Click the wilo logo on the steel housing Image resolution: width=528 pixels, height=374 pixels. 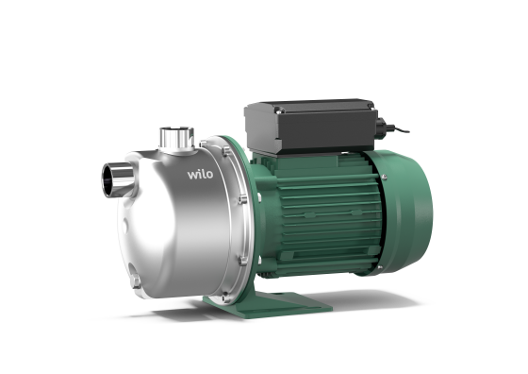point(200,175)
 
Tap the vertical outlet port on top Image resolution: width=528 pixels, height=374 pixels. point(176,138)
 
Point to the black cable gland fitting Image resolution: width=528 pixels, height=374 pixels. point(383,127)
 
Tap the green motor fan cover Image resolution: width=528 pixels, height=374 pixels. point(404,212)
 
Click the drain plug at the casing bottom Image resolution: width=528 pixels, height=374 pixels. point(136,280)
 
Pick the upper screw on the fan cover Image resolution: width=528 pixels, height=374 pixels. point(384,177)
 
